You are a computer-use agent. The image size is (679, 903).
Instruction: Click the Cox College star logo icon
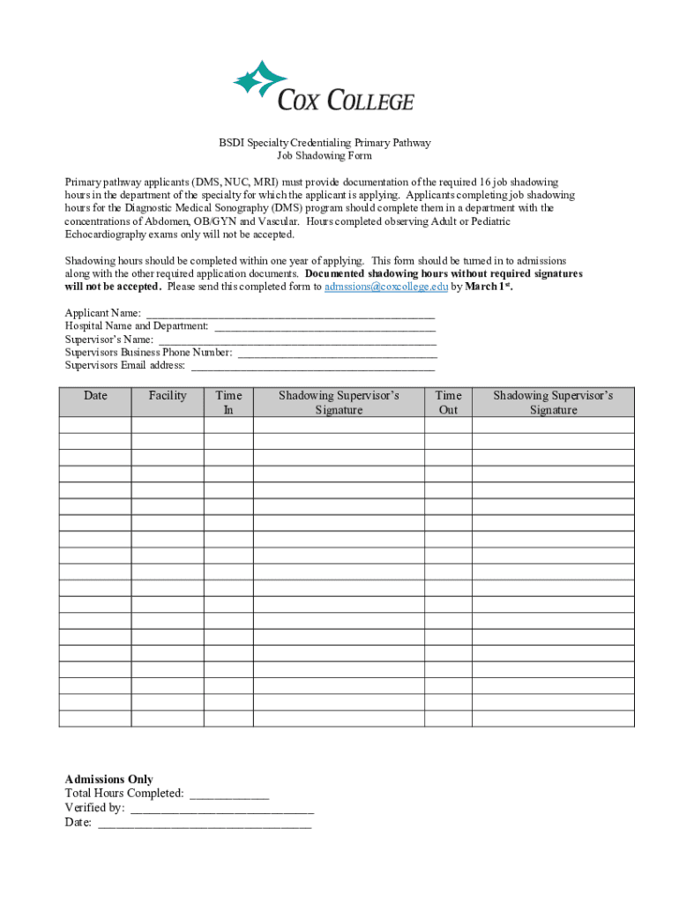point(261,78)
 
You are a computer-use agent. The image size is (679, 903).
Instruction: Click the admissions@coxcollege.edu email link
point(386,287)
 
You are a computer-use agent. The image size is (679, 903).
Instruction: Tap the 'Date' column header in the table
point(95,396)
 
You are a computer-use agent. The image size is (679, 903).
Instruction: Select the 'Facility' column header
point(168,396)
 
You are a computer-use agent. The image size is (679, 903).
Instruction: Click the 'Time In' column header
point(228,402)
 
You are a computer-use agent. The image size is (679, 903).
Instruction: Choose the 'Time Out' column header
point(448,402)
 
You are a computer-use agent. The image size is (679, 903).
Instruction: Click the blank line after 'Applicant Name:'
point(290,314)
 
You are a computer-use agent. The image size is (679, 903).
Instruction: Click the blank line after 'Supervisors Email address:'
point(313,365)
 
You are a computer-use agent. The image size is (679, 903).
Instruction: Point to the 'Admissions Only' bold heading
point(108,780)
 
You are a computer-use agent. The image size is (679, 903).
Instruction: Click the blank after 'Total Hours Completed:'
point(229,795)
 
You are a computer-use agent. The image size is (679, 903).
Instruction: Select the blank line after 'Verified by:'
point(221,809)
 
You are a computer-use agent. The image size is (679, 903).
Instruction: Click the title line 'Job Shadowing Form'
point(325,156)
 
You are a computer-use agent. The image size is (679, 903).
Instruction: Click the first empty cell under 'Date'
point(95,425)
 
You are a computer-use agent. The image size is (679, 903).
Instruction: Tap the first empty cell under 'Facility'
point(168,425)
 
